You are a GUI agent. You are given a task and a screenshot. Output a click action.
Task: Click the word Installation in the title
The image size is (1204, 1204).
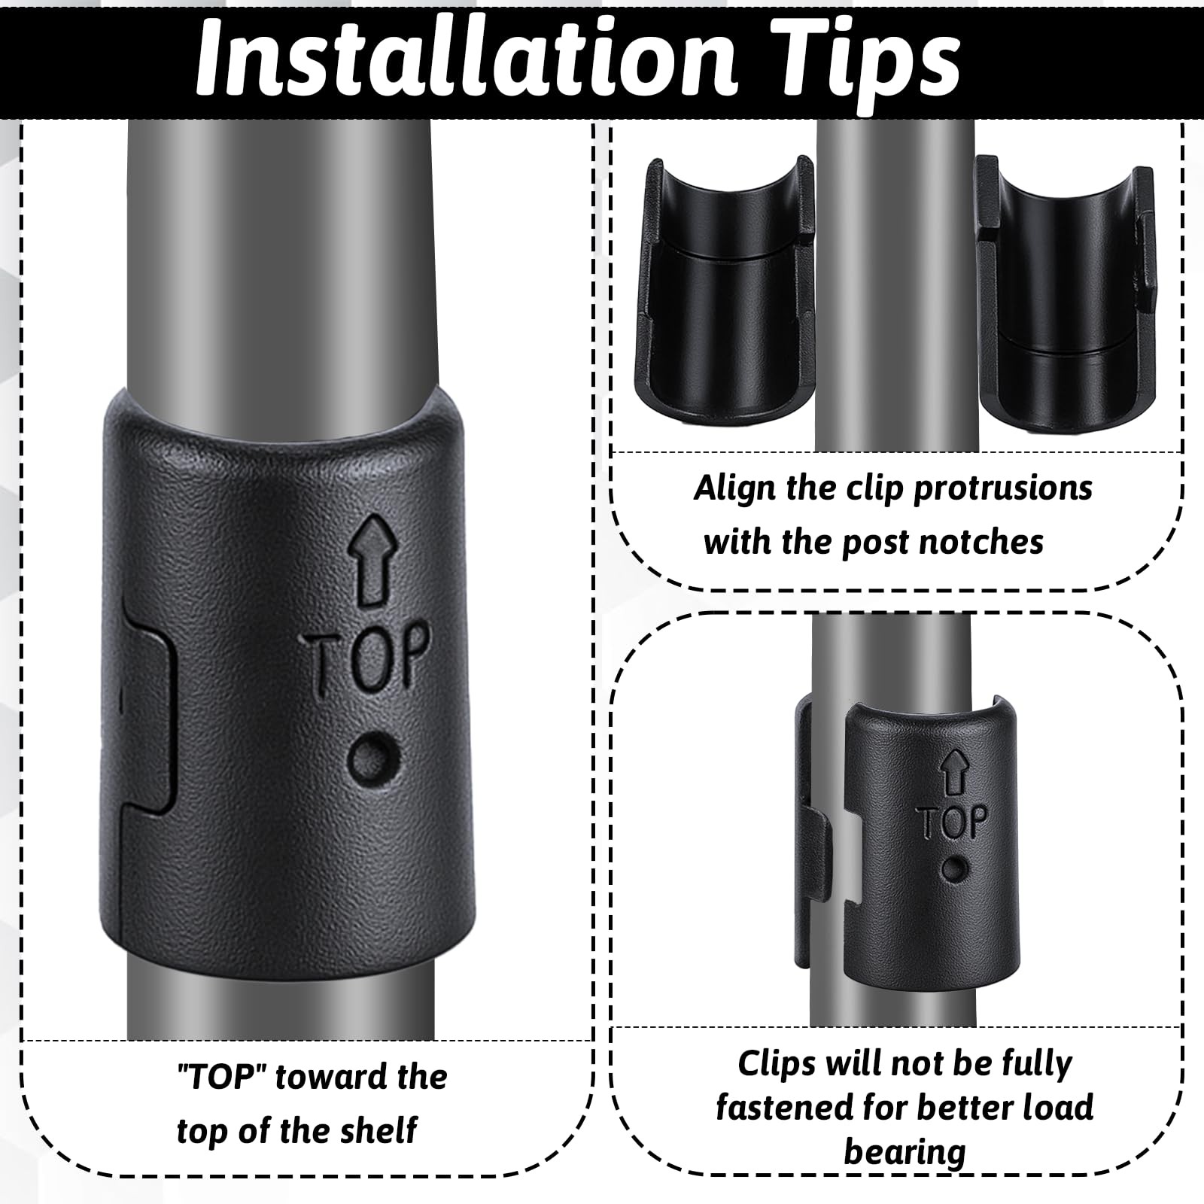click(464, 59)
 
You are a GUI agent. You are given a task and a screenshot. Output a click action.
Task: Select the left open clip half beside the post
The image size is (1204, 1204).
click(725, 291)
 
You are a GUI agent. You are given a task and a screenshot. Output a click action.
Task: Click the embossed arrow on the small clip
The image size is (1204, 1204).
click(953, 773)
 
